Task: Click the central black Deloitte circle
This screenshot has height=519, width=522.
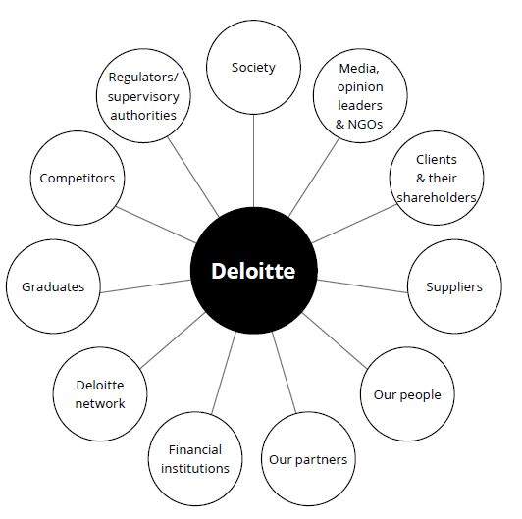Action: pos(254,270)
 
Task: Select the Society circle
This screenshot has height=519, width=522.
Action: pos(254,67)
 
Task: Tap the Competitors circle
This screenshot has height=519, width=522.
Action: pos(78,178)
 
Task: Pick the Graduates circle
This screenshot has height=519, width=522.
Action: pos(53,286)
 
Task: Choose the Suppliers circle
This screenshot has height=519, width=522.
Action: pos(454,286)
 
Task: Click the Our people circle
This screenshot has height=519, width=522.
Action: pos(407,394)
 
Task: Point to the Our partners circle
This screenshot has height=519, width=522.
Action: pos(308,459)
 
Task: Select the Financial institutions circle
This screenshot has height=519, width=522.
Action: pos(195,459)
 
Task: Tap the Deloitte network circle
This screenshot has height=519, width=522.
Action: pos(100,394)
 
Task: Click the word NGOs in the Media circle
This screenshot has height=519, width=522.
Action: pos(365,125)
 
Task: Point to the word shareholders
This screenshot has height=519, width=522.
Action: pos(437,197)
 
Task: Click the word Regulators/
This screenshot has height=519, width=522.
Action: pos(143,77)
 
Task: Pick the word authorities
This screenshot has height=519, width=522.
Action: pos(143,115)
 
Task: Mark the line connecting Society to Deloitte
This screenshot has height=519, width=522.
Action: pos(254,161)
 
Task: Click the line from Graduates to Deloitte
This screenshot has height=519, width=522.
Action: pos(145,286)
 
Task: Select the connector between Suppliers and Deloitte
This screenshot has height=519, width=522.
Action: pos(362,286)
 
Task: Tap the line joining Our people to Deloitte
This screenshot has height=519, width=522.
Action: pos(335,340)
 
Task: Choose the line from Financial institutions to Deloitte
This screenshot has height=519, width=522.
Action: pos(224,373)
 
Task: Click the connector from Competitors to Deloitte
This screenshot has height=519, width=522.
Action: pos(156,225)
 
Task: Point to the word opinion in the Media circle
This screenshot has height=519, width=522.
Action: pos(360,87)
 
